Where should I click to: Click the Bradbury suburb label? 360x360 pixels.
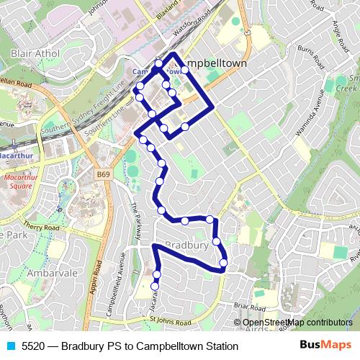pos(187,246)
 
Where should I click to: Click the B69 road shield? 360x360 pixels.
pos(104,174)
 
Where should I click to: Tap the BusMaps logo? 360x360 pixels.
pos(325,346)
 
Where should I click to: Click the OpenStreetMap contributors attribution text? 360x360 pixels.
pos(297,323)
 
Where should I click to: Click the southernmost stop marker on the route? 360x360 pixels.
pos(154,287)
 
